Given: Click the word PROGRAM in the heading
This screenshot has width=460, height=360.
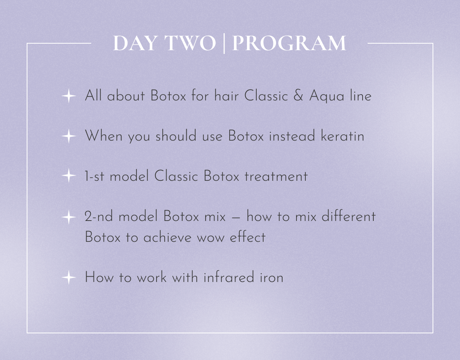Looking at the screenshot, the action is [289, 43].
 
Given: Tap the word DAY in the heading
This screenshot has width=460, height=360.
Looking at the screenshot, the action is [135, 43].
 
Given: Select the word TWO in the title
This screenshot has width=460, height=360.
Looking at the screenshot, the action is [190, 43].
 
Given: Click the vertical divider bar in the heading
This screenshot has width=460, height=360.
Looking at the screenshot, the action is [224, 43].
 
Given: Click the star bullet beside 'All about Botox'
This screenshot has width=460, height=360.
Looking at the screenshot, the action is [69, 96].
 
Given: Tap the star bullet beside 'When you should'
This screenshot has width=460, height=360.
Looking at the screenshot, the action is [69, 136].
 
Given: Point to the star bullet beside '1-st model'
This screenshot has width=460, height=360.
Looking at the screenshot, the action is [69, 175].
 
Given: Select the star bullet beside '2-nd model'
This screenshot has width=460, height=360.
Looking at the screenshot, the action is [69, 217].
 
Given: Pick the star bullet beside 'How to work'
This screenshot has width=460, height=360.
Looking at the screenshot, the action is [69, 277].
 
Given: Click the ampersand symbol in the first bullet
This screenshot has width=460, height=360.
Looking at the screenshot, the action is [298, 96].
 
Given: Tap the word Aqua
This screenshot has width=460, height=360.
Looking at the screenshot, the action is [327, 97].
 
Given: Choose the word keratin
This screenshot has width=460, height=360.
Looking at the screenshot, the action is [342, 136].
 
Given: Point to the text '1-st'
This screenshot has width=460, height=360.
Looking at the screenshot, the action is [94, 176].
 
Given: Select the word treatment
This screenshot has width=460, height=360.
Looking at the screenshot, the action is [276, 177].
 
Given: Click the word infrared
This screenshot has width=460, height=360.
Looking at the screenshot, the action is [228, 277].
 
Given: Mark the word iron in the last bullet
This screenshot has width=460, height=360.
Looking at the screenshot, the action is [271, 277].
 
